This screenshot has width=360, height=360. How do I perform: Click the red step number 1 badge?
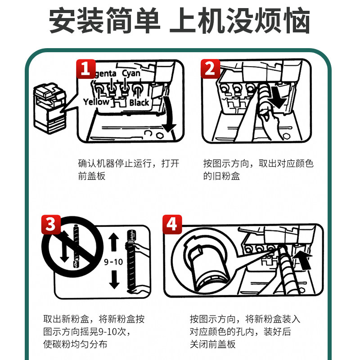[x=86, y=69]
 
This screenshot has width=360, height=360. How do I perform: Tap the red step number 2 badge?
[x=211, y=69]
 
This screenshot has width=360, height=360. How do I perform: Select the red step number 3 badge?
[x=51, y=224]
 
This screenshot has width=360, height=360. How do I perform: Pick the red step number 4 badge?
[x=172, y=224]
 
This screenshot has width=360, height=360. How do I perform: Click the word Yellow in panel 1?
[x=96, y=102]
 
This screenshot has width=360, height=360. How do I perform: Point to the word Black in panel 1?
[x=139, y=103]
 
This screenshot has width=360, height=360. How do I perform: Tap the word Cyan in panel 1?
[x=131, y=73]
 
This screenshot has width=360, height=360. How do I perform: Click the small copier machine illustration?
[x=50, y=108]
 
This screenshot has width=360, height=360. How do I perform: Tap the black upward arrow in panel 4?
[x=303, y=260]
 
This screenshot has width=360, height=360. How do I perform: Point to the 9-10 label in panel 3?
[x=113, y=262]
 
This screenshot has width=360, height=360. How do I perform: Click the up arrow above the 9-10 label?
[x=114, y=242]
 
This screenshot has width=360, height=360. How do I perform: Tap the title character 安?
[x=63, y=20]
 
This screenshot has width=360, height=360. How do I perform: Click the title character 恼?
[x=297, y=20]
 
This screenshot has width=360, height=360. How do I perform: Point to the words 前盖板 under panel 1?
[x=92, y=176]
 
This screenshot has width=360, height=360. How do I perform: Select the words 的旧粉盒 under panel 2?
[x=221, y=176]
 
